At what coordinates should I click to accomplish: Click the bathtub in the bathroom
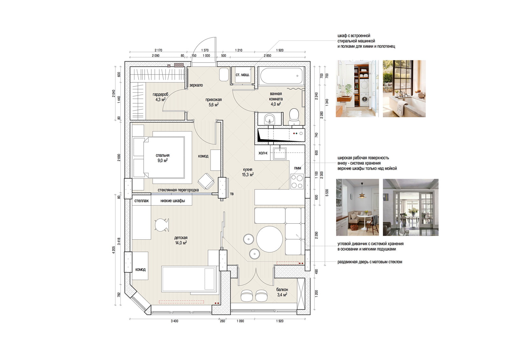coord(281,76)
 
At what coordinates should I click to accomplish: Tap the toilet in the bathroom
coord(294,116)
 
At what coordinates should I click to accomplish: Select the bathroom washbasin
coord(270,119)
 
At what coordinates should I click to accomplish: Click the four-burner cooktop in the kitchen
coord(297,181)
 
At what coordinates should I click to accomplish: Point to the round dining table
coord(270,239)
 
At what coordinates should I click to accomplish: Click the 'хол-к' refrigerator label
coord(263,153)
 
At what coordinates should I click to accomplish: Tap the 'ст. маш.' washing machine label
coord(243,75)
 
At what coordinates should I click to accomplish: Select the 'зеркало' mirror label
coord(196,85)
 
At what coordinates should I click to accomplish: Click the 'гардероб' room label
coord(161,94)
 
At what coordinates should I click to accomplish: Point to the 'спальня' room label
coord(163,155)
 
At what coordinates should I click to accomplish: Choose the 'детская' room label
coord(181,238)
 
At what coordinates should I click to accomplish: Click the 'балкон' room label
coord(282,290)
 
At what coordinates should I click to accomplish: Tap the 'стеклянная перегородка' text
coord(178,190)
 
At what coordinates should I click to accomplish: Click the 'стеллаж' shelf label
coord(142,201)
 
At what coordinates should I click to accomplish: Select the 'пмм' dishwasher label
coord(298,168)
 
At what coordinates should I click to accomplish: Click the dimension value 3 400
coord(175,321)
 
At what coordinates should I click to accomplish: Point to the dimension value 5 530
coord(327,192)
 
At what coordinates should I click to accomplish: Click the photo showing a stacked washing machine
coord(357,89)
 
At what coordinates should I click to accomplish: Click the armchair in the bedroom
coord(206,181)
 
